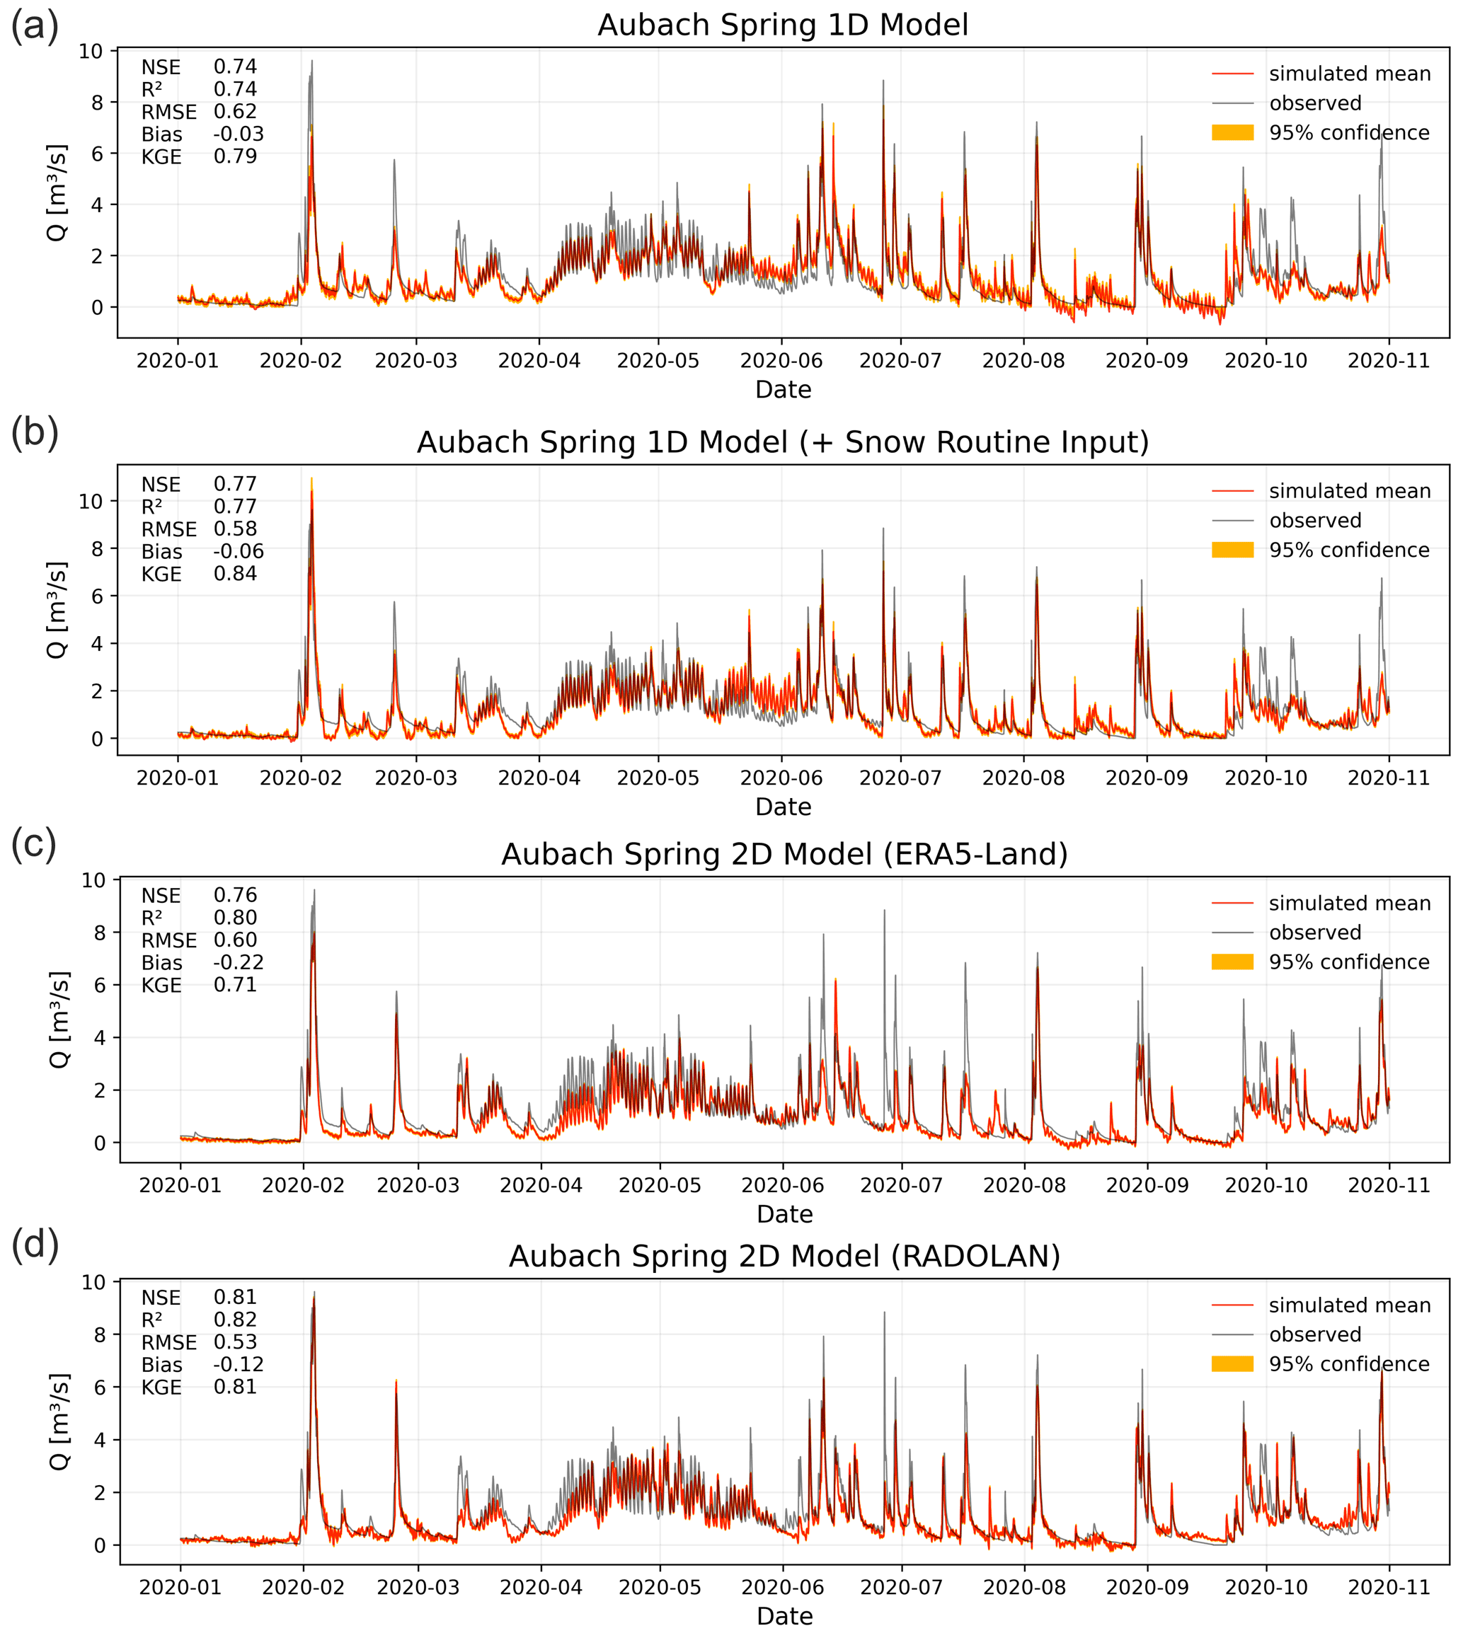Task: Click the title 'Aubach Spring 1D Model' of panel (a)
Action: pyautogui.click(x=782, y=25)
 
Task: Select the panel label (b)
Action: pyautogui.click(x=35, y=433)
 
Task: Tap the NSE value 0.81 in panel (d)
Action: pyautogui.click(x=235, y=1297)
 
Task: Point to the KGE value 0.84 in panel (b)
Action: pyautogui.click(x=235, y=574)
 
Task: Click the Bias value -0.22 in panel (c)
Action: pyautogui.click(x=238, y=963)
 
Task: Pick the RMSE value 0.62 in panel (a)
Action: pyautogui.click(x=235, y=112)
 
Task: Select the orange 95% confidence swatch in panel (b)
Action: pyautogui.click(x=1232, y=550)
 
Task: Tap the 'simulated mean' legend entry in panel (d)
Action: pyautogui.click(x=1350, y=1305)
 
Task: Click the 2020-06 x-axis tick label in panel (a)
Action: pyautogui.click(x=781, y=361)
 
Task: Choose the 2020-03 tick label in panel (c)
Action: pyautogui.click(x=418, y=1185)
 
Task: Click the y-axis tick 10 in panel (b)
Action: pyautogui.click(x=91, y=502)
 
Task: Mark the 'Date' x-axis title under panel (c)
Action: pyautogui.click(x=784, y=1213)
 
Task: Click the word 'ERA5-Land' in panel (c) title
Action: pyautogui.click(x=975, y=854)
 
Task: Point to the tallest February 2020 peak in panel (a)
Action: pyautogui.click(x=312, y=61)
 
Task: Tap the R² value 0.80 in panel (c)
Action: pyautogui.click(x=235, y=918)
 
